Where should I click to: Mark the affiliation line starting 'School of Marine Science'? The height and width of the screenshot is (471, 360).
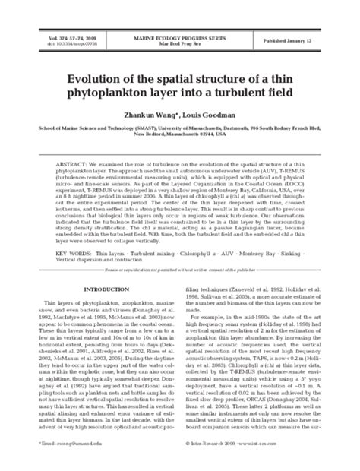click(x=179, y=128)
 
